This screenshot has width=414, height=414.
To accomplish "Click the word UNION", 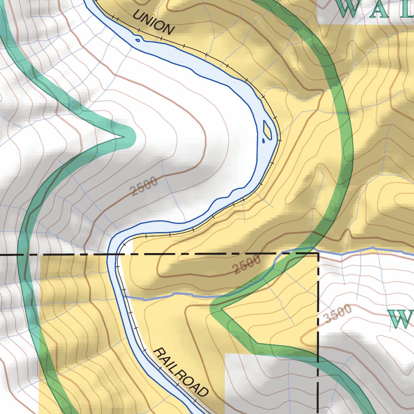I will pos(154,22).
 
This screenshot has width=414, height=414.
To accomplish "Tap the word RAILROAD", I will pos(182,372).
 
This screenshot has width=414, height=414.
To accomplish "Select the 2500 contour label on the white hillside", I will pos(144,187).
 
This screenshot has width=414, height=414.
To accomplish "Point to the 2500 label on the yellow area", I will pos(247,266).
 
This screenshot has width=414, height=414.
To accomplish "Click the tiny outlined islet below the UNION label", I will pos(137,39).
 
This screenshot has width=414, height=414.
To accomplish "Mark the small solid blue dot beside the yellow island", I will pos(263,141).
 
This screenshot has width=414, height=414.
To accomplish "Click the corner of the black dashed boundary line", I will pos(318,253).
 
